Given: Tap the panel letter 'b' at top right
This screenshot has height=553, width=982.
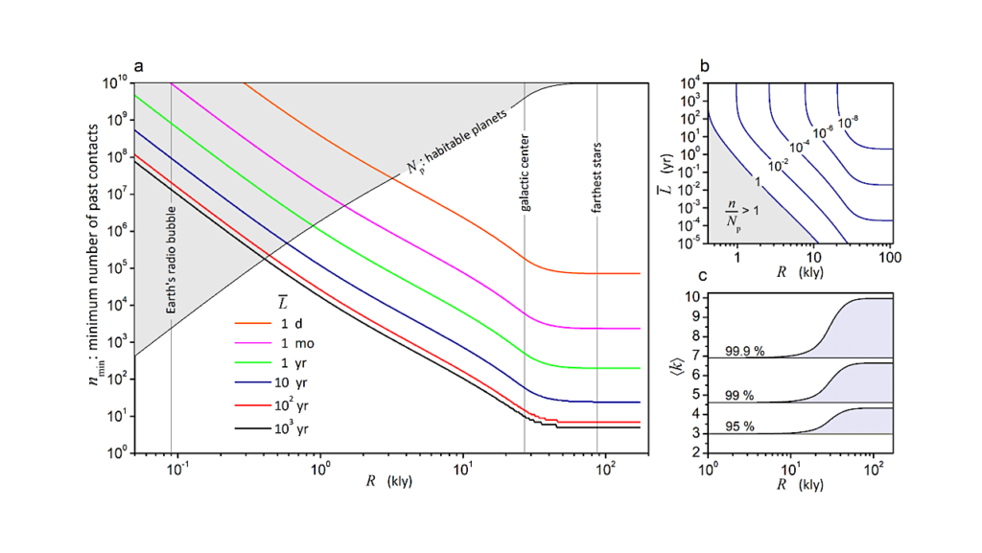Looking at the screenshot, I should click(705, 67).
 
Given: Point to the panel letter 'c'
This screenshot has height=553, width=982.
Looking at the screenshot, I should click(704, 277).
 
